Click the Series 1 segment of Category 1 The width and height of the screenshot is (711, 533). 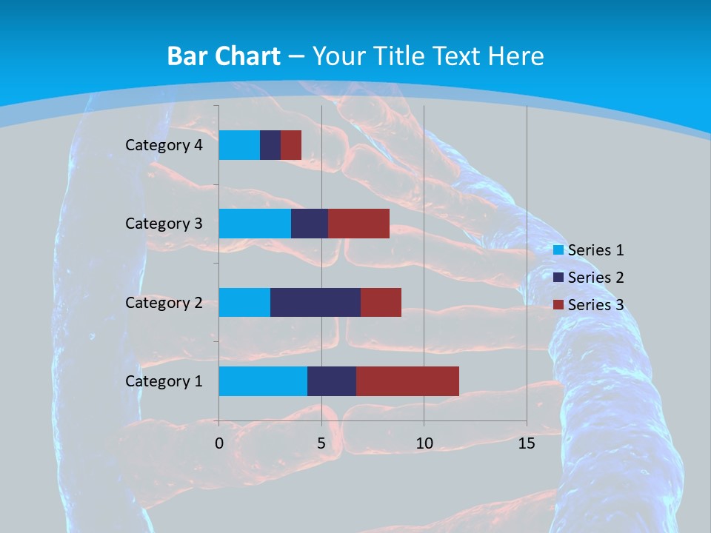[263, 381]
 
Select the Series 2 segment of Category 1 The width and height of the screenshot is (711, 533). [332, 381]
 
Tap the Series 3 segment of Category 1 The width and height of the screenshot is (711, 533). [407, 381]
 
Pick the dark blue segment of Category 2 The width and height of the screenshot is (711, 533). [316, 302]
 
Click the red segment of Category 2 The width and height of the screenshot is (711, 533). [381, 302]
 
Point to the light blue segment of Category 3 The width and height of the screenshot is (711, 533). [255, 224]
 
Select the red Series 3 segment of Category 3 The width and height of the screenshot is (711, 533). [358, 224]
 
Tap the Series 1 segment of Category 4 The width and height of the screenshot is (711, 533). [239, 145]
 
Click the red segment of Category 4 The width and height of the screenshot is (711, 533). [291, 145]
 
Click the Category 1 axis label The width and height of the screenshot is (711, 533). [164, 381]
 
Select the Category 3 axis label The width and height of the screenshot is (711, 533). [164, 224]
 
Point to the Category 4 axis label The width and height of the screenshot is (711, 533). [164, 145]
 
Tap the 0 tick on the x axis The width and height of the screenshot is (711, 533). [219, 443]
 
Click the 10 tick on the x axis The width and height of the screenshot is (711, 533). [424, 443]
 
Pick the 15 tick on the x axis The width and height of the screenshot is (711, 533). [527, 443]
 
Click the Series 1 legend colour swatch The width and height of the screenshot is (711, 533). [558, 250]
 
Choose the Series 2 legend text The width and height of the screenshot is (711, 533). [595, 278]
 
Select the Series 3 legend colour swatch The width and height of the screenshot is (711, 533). [558, 305]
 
